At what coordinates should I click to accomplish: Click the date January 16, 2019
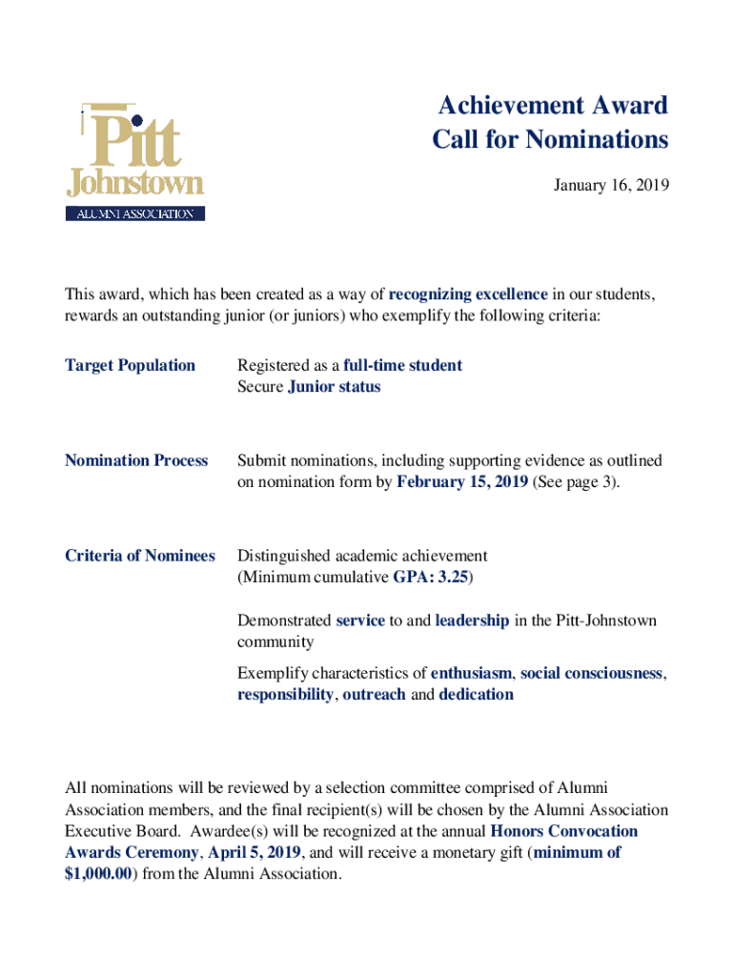tap(611, 185)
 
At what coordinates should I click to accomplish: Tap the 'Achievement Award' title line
tap(550, 105)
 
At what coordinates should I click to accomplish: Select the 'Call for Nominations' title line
tap(550, 140)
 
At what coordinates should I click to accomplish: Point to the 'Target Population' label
tap(130, 365)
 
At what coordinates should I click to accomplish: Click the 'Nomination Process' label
tap(135, 460)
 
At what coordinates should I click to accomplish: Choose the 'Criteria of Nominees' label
tap(139, 556)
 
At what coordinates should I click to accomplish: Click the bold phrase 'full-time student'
tap(402, 365)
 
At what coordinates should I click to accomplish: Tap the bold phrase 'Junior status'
tap(334, 387)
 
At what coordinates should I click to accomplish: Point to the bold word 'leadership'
tap(472, 620)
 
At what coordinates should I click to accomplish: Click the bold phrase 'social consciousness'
tap(591, 673)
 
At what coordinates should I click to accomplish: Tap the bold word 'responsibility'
tap(285, 695)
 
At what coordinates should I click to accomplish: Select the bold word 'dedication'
tap(476, 695)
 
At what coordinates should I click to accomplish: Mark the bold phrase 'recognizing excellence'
tap(468, 294)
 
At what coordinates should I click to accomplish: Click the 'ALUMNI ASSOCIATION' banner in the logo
tap(134, 214)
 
